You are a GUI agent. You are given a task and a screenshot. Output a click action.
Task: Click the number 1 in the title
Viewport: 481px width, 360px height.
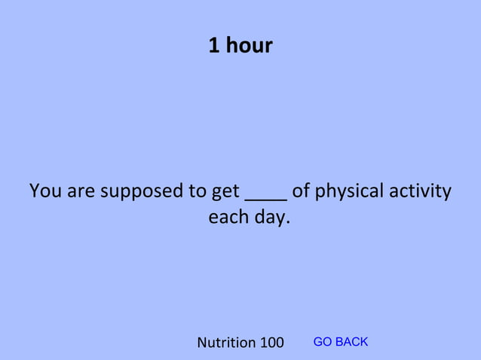point(214,47)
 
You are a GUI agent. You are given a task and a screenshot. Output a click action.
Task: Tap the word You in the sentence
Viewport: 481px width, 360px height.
point(46,191)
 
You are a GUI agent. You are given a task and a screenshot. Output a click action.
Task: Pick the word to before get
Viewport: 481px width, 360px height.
point(198,191)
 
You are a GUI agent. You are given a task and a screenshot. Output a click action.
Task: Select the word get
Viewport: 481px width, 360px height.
point(226,192)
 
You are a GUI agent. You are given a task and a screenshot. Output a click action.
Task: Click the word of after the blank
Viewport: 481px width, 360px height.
point(301,191)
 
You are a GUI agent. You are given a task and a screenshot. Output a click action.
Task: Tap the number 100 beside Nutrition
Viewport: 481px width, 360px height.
point(271,343)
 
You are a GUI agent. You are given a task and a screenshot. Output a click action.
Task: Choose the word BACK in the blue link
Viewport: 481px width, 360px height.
point(351,342)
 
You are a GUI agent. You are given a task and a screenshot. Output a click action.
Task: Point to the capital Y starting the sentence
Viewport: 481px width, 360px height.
point(35,191)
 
